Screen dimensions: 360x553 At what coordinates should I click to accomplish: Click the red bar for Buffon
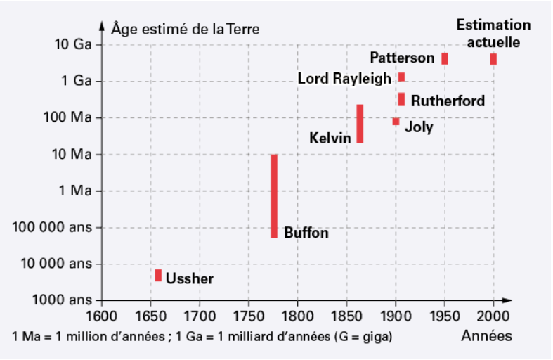tap(274, 195)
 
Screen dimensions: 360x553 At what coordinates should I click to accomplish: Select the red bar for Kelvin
tap(360, 124)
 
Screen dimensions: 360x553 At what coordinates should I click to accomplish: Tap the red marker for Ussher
tap(159, 275)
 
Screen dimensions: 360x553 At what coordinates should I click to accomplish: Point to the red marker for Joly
tap(396, 122)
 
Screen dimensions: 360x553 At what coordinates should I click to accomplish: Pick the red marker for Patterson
tap(445, 58)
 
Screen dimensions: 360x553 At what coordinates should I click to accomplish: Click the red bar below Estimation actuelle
tap(493, 59)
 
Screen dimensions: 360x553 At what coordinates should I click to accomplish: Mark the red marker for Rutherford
tap(401, 99)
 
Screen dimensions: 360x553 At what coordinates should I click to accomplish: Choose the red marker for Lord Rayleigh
tap(401, 77)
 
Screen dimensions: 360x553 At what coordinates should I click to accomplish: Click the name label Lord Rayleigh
tap(344, 78)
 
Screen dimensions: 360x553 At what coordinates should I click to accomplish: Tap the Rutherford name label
tap(448, 101)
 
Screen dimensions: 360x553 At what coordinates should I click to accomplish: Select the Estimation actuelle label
tap(493, 33)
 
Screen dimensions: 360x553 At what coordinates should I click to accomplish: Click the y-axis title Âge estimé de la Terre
tap(185, 29)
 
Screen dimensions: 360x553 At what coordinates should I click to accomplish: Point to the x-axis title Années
tap(487, 336)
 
